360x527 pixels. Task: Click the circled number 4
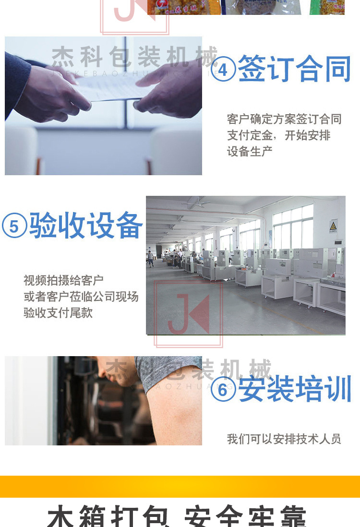coord(223,70)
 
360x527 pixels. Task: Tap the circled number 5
coord(14,226)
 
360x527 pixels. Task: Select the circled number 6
coord(223,389)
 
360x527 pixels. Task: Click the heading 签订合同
coord(294,69)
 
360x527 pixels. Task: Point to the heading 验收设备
coord(86,226)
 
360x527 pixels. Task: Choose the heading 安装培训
coord(295,389)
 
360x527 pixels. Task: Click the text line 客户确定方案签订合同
coord(284,119)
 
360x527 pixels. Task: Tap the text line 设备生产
coord(250,152)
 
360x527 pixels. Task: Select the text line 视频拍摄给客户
coord(63,280)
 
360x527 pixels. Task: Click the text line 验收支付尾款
coord(58,313)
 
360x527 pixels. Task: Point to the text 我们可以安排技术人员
coord(284,439)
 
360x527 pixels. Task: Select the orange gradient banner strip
coord(180,486)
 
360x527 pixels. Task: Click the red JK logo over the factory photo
coord(188,314)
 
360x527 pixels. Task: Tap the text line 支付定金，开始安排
coord(278,135)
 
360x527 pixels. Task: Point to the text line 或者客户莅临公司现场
coord(81,297)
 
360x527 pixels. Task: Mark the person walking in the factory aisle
coord(151,258)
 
